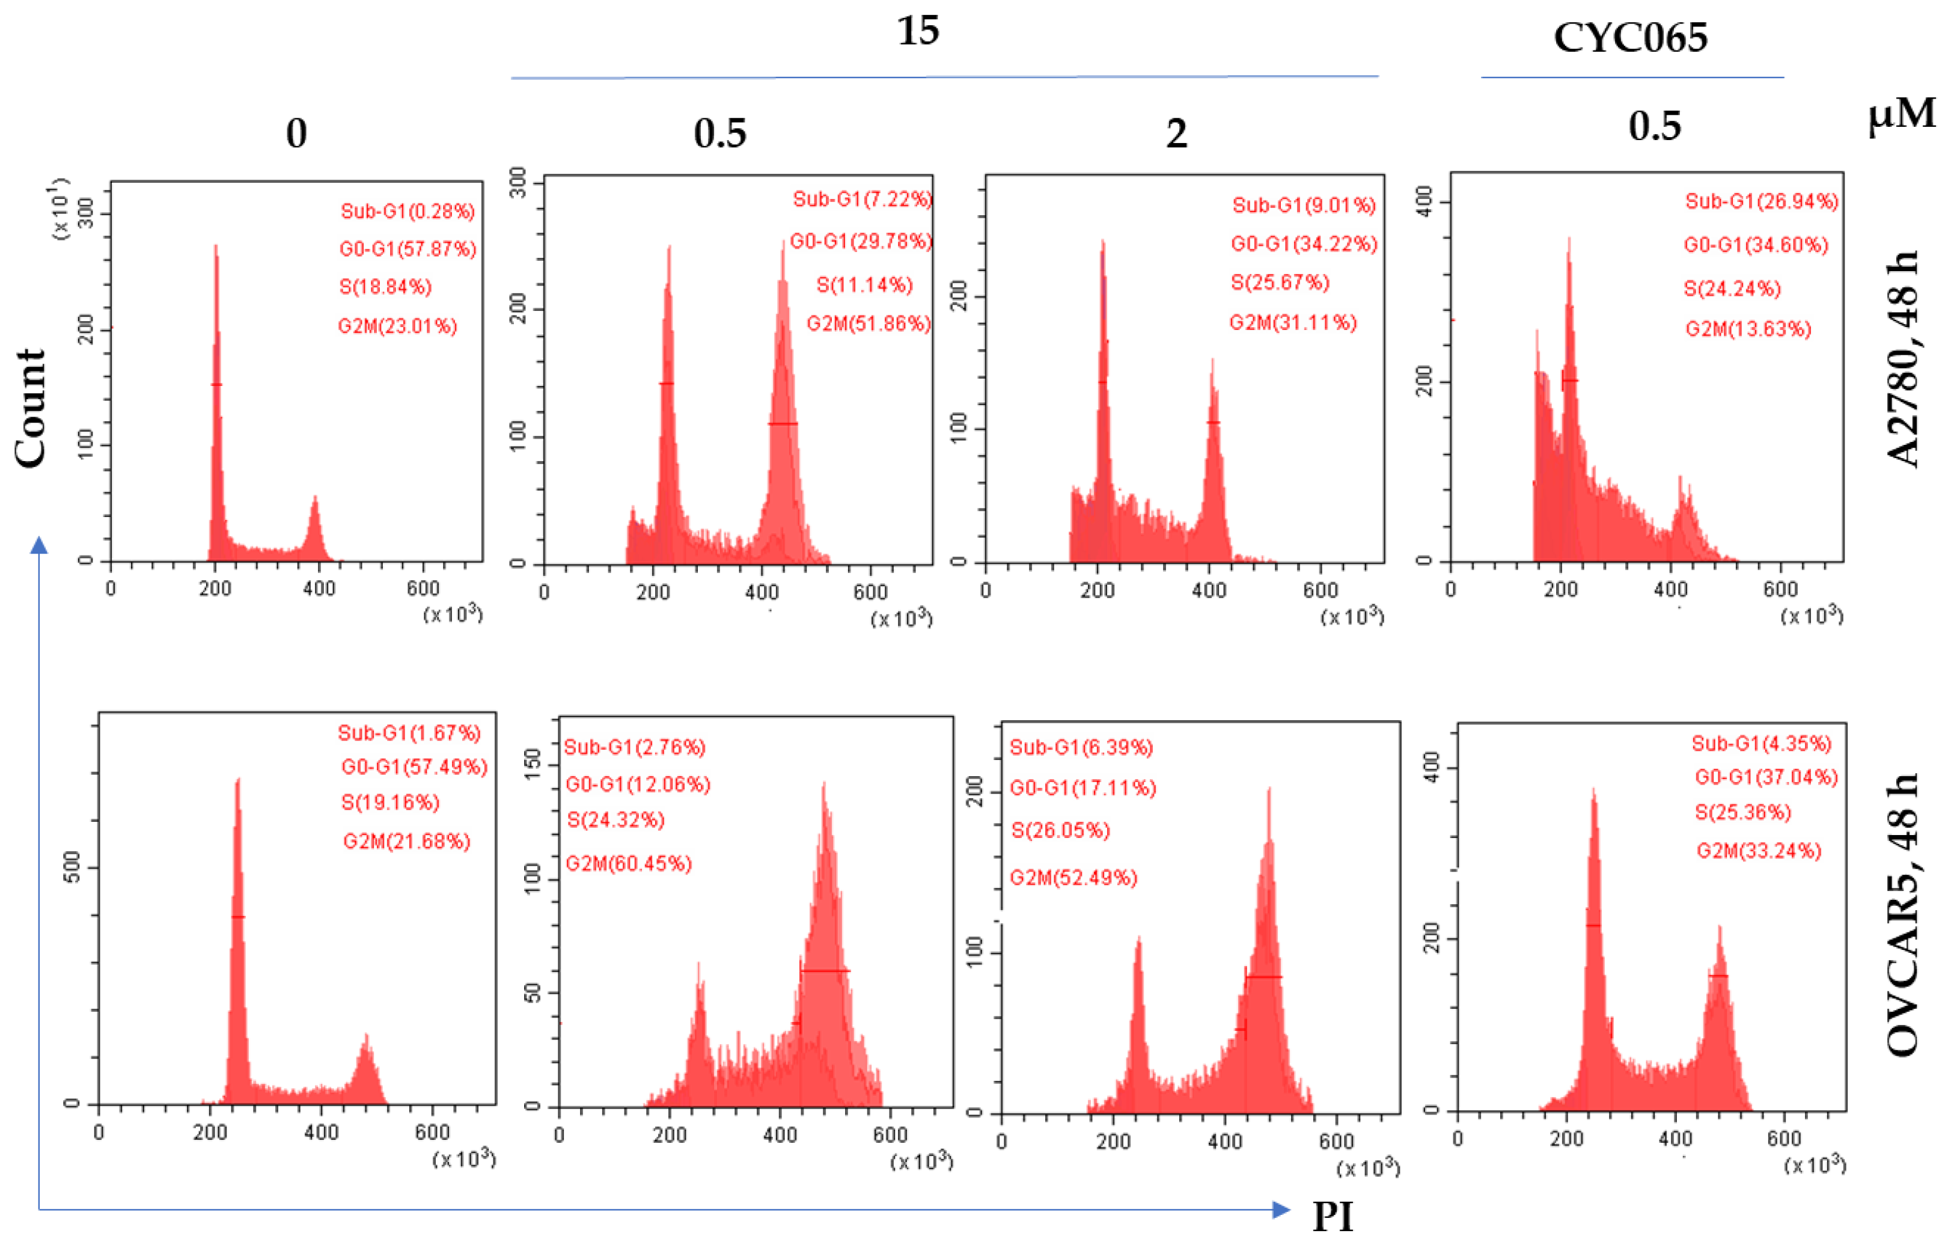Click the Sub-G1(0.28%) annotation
[407, 212]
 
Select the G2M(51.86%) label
[868, 324]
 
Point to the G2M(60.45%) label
[628, 864]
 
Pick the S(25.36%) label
[1742, 813]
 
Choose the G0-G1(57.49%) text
[414, 766]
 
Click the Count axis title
[30, 408]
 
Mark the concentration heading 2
[1176, 133]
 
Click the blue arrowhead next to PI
[1280, 1210]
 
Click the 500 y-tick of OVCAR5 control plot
[72, 867]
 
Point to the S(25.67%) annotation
[1280, 283]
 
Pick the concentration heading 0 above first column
[296, 133]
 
